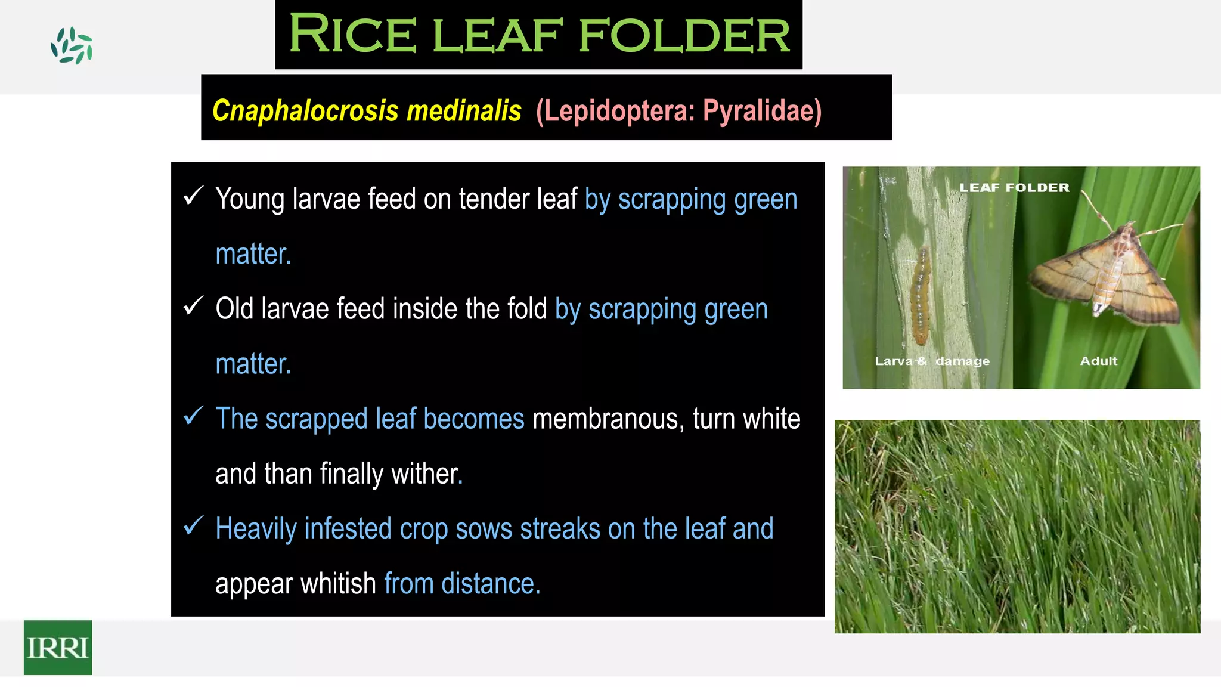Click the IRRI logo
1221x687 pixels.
point(58,648)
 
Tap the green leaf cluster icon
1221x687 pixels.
point(72,46)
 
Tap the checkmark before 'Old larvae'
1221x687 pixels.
point(194,306)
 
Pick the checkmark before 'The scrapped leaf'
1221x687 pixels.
point(194,416)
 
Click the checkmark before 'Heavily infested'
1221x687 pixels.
point(194,525)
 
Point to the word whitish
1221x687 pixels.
point(337,583)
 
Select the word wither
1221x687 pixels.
point(426,474)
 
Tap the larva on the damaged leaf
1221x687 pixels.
point(921,296)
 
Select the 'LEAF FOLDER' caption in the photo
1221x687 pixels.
point(1014,188)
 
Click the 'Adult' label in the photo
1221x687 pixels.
point(1098,361)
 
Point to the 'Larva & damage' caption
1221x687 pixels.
point(932,361)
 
